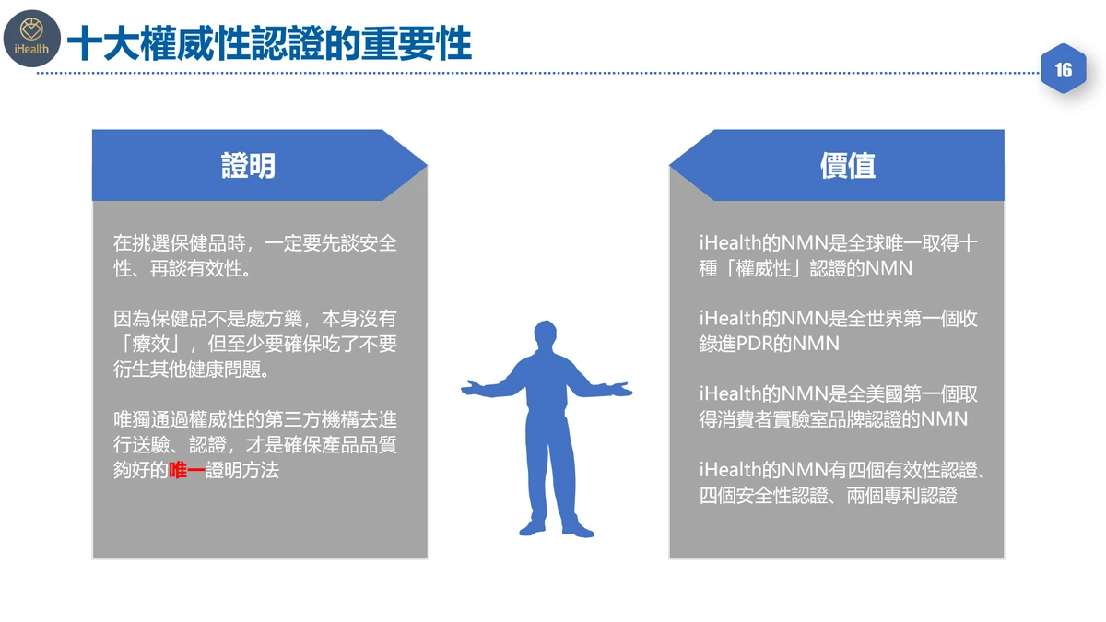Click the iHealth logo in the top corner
click(x=31, y=39)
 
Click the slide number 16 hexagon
click(x=1063, y=69)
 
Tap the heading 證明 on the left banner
click(x=248, y=165)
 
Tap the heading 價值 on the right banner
click(x=848, y=165)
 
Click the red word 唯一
click(x=186, y=470)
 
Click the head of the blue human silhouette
click(x=545, y=334)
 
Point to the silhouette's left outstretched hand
click(x=473, y=388)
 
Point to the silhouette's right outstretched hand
click(x=620, y=389)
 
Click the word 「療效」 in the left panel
click(x=151, y=344)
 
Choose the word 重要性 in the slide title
click(x=417, y=43)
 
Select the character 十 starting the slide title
click(x=85, y=43)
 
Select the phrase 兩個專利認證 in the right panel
click(x=901, y=495)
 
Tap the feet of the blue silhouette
click(x=557, y=529)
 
